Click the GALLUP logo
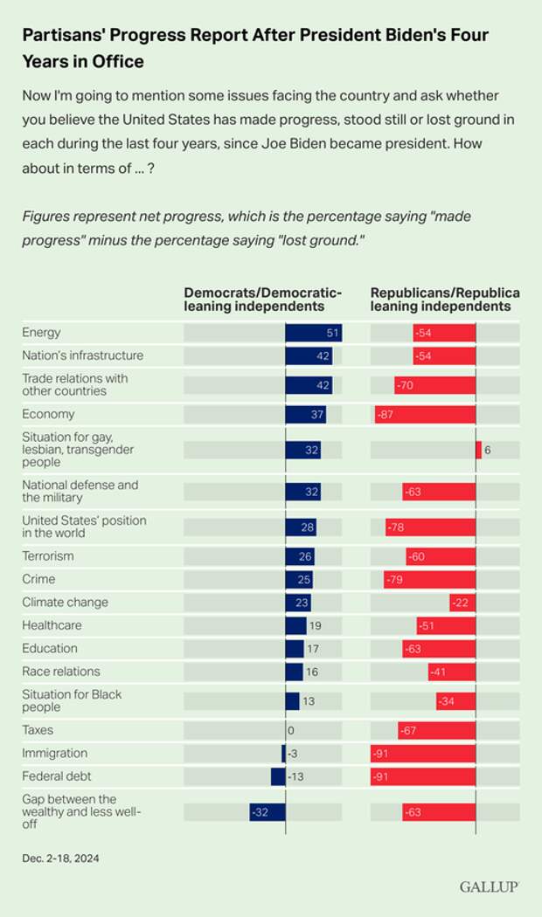[489, 886]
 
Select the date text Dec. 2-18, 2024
[60, 858]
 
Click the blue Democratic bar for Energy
[313, 333]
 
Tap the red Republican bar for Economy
[425, 414]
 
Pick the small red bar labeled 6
[478, 450]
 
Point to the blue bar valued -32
[268, 811]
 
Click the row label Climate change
[65, 602]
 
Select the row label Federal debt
[56, 776]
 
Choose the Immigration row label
[54, 753]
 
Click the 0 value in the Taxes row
[290, 730]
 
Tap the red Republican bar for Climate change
[462, 602]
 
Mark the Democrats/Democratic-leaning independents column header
[262, 300]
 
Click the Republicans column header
[445, 300]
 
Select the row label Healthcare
[52, 625]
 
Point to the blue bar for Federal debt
[278, 776]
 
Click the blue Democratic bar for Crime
[299, 579]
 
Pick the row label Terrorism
[48, 555]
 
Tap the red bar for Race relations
[452, 672]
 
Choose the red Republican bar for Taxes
[436, 730]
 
